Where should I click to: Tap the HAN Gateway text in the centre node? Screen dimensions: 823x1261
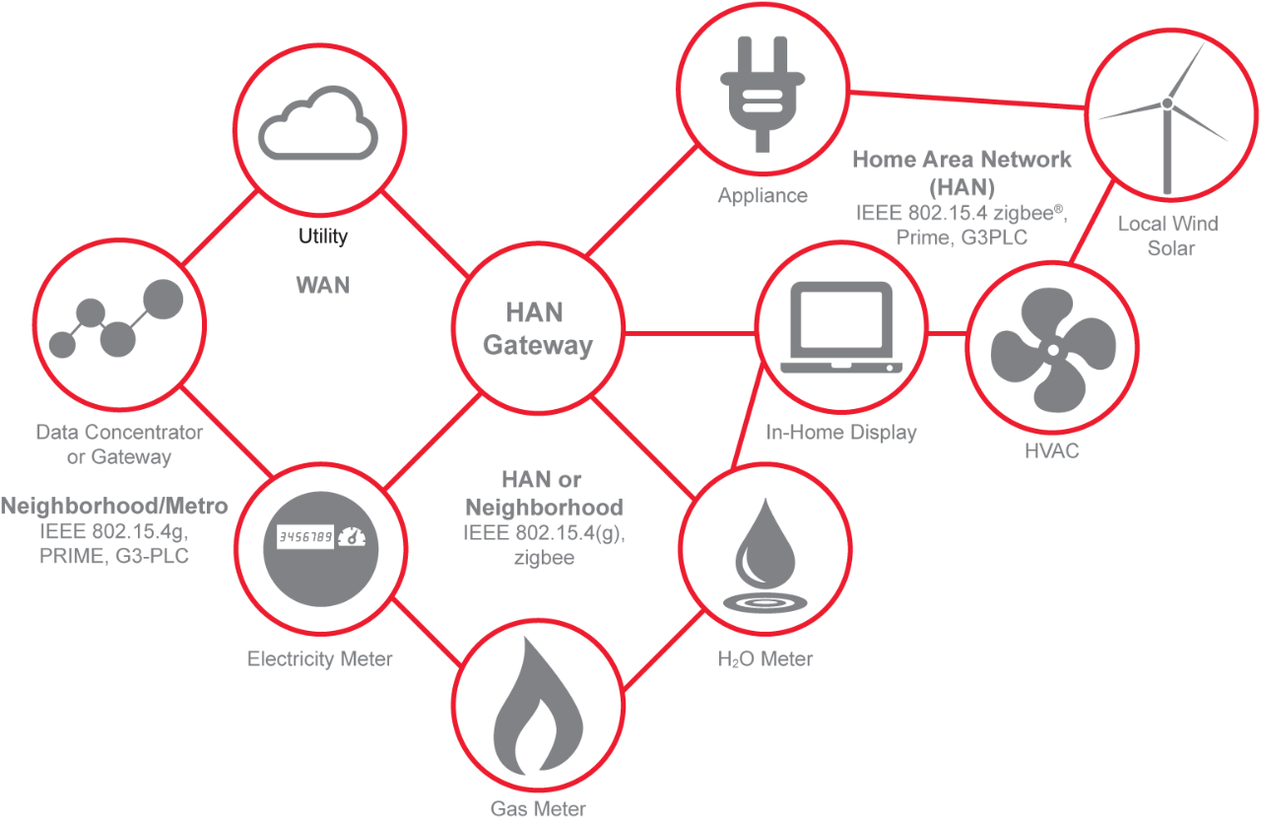coord(537,329)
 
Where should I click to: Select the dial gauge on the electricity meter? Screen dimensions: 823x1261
coord(353,537)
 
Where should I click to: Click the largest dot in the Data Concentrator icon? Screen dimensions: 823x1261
coord(164,297)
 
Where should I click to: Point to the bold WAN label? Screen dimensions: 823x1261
coord(323,286)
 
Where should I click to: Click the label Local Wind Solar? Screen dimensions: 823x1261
coord(1167,236)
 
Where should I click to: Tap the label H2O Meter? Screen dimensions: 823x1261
coord(765,658)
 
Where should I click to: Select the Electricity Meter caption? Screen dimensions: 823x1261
coord(319,658)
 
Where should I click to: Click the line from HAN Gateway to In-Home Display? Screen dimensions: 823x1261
coord(690,332)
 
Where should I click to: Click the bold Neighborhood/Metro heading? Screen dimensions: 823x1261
coord(114,507)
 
